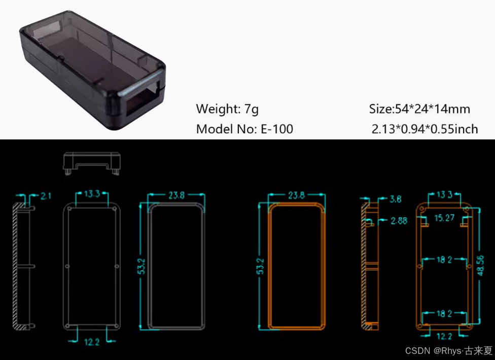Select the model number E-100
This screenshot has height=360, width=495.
pyautogui.click(x=277, y=129)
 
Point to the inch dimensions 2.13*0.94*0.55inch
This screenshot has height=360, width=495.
pyautogui.click(x=425, y=129)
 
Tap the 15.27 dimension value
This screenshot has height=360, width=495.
pyautogui.click(x=444, y=218)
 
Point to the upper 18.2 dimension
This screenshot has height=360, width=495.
pyautogui.click(x=444, y=260)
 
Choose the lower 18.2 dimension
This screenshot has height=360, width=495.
pyautogui.click(x=444, y=314)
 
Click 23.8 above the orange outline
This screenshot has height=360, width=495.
pyautogui.click(x=296, y=195)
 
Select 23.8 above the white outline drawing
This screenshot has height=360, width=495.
pyautogui.click(x=175, y=195)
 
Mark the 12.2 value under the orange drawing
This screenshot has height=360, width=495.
pyautogui.click(x=444, y=336)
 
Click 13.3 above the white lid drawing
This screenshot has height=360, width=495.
pyautogui.click(x=92, y=194)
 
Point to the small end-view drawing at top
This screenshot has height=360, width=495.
pyautogui.click(x=92, y=162)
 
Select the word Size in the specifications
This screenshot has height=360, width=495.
pyautogui.click(x=380, y=109)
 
